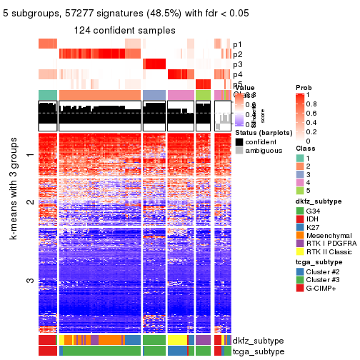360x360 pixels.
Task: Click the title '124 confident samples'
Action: pos(125,31)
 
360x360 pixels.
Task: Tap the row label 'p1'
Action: pos(237,44)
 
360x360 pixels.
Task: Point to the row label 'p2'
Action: pos(237,54)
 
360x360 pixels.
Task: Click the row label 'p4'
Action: pos(237,74)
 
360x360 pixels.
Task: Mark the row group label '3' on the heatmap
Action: pos(30,280)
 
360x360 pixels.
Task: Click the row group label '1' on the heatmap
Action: pos(30,156)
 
